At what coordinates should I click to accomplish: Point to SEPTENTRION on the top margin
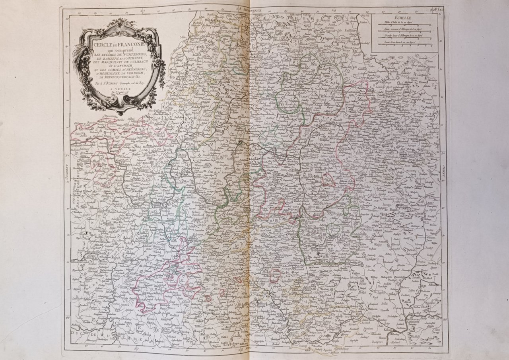[x=261, y=8]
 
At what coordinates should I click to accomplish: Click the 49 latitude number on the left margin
[x=68, y=317]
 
